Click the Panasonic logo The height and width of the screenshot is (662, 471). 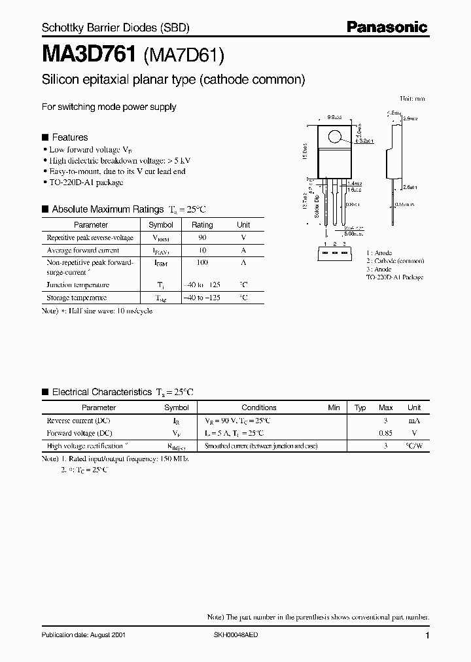tap(387, 27)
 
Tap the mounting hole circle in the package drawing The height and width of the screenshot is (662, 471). tap(334, 137)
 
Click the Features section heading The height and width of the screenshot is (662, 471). tap(69, 137)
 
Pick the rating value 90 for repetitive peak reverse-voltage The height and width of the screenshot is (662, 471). tap(202, 238)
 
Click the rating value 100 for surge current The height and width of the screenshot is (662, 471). tap(202, 262)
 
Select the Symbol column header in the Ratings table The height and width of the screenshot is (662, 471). tap(161, 224)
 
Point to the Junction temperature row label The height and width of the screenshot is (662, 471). tap(78, 285)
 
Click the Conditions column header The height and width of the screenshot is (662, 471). tap(259, 408)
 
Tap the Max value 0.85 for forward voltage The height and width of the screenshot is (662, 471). tap(386, 433)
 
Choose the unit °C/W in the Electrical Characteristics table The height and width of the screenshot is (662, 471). tap(413, 445)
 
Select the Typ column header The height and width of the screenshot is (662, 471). tap(360, 408)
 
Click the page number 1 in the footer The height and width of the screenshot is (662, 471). tap(427, 636)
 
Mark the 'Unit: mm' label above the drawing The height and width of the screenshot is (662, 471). tap(412, 99)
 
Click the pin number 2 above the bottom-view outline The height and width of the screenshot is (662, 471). tap(334, 244)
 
